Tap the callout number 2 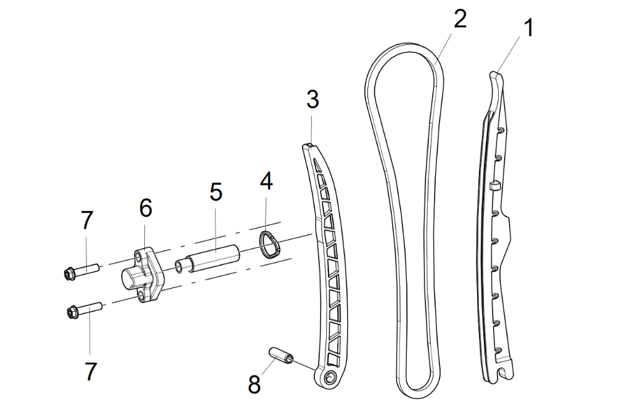click(459, 19)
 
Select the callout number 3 click(313, 99)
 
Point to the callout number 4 click(266, 182)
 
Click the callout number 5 click(215, 191)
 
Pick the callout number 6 click(145, 208)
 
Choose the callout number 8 click(254, 384)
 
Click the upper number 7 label click(87, 219)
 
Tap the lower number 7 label click(91, 371)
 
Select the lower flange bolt click(83, 310)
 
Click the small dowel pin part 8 click(281, 356)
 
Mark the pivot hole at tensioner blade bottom click(330, 377)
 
